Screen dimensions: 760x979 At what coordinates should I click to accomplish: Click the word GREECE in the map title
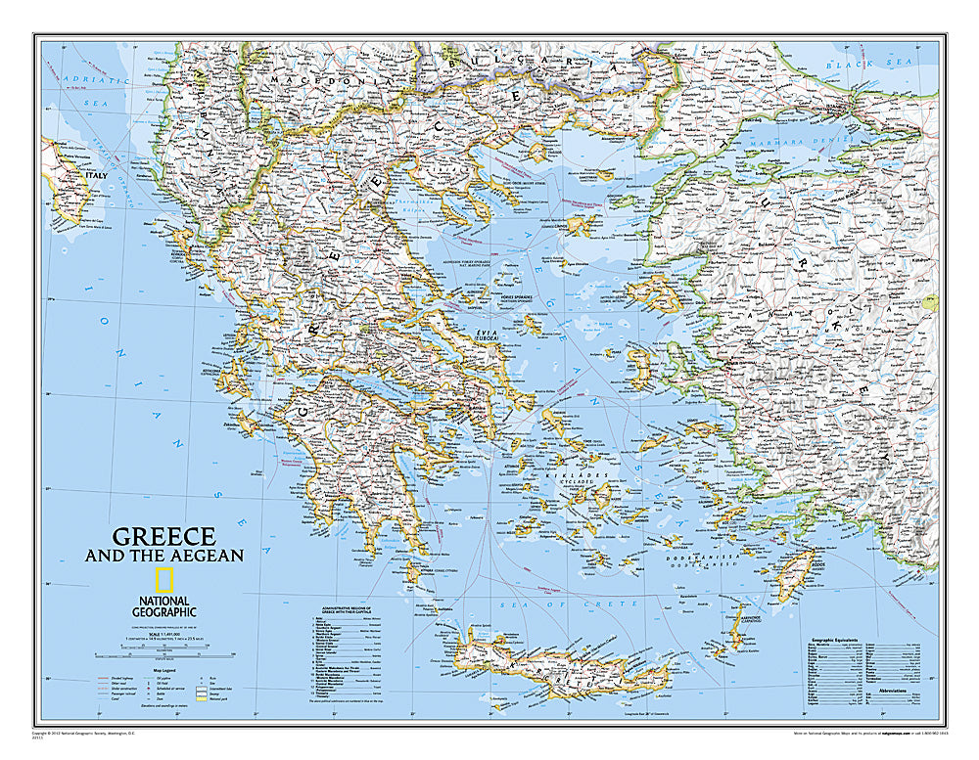click(164, 536)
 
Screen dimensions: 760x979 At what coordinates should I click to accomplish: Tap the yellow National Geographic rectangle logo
click(165, 578)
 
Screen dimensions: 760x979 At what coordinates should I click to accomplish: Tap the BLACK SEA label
click(856, 64)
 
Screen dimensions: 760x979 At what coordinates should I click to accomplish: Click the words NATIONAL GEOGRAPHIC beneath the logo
click(165, 606)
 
